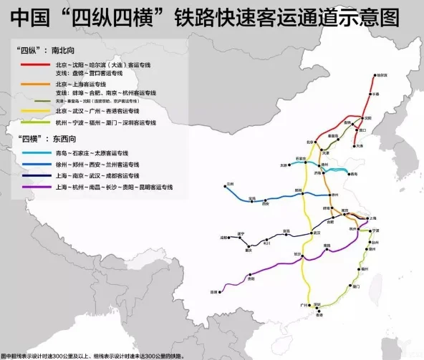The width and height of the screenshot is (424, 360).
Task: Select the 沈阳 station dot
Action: tap(361, 117)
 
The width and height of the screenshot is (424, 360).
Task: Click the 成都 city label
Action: tap(223, 235)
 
